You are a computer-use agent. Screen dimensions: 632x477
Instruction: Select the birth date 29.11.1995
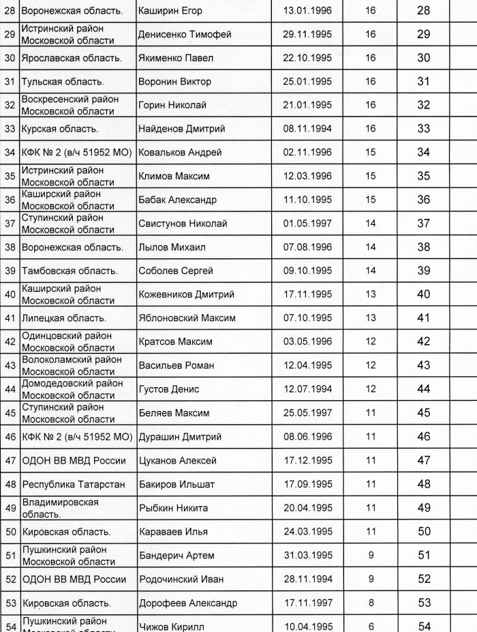point(309,34)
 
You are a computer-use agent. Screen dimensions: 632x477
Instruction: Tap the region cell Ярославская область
point(71,58)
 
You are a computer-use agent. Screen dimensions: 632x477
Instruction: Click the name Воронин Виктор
point(174,82)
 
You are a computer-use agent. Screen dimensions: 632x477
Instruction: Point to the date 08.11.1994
point(309,129)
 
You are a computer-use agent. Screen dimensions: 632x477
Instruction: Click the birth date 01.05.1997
point(309,224)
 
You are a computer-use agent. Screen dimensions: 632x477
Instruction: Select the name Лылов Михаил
point(172,247)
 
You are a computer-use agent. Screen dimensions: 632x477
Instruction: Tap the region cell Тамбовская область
point(70,271)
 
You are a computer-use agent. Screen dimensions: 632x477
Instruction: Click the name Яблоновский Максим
point(187,318)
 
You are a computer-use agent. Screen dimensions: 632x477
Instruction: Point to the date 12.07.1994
point(309,389)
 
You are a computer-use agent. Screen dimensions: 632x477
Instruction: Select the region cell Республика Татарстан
point(73,484)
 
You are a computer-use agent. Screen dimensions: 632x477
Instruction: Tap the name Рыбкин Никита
point(173,508)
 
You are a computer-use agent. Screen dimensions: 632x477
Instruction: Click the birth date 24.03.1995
point(309,531)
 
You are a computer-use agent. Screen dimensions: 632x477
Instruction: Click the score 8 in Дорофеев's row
point(371,603)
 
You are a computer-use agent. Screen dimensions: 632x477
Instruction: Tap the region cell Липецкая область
point(64,318)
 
